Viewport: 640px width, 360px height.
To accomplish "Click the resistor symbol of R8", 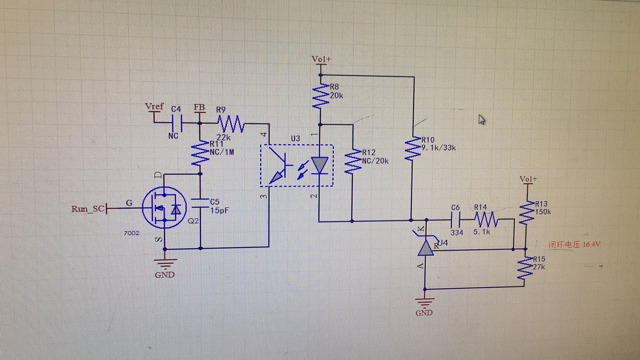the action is (x=321, y=96).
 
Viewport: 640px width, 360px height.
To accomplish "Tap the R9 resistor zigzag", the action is (x=231, y=124).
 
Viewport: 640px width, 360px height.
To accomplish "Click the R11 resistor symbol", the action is (x=200, y=153).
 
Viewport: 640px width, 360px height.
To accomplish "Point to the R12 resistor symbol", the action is (x=353, y=162).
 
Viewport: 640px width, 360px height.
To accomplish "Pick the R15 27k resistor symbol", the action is (x=525, y=268).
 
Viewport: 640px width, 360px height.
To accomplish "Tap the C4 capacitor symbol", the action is (x=177, y=123).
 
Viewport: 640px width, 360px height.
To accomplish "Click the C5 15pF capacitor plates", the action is (x=200, y=203).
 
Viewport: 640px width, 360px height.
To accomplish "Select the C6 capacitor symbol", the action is (x=455, y=220).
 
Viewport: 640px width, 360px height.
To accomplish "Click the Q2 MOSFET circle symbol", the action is (x=164, y=208).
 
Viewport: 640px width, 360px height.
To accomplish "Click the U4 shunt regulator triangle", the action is (x=426, y=247).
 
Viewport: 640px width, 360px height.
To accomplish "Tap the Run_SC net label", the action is (x=88, y=209).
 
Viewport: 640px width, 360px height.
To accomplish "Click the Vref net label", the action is (x=154, y=106).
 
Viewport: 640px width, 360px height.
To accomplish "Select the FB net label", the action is (x=199, y=107).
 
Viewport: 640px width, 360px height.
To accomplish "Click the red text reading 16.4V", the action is (x=592, y=244).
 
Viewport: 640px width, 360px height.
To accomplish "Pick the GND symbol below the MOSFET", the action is (x=165, y=264).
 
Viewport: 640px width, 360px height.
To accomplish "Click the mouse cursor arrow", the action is (x=482, y=119).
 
